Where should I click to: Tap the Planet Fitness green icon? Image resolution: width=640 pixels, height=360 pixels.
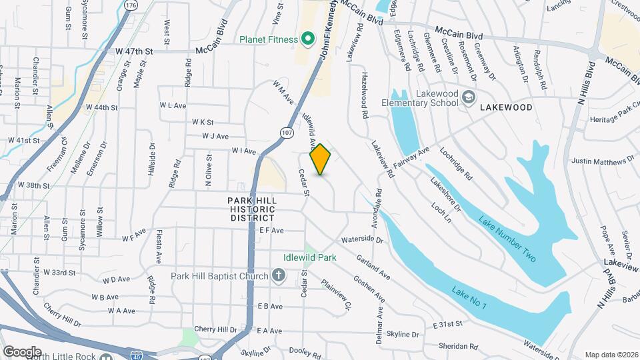coord(307,39)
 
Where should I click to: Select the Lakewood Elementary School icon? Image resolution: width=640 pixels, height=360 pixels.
coord(469,98)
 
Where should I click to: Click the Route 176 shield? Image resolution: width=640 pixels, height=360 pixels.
coord(131,5)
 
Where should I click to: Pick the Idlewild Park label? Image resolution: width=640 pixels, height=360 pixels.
coord(309,257)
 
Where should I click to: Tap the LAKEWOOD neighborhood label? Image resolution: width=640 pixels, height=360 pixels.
coord(508,107)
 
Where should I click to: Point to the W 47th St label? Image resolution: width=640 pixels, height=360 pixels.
coord(134,51)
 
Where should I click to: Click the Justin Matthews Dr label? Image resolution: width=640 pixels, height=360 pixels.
coord(603,161)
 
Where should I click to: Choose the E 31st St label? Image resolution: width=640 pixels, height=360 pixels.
coord(447,325)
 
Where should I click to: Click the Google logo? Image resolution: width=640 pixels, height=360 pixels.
coord(21,351)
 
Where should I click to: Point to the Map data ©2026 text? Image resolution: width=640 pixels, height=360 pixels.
coord(611,355)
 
